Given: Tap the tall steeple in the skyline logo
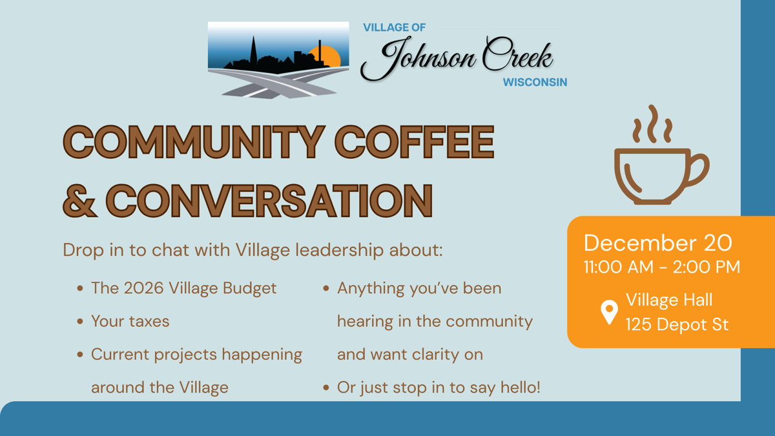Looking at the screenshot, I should (253, 50).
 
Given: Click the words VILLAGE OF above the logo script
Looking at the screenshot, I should (394, 28).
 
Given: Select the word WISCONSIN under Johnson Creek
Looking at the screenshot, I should (535, 83).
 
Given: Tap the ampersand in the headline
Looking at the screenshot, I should (80, 200).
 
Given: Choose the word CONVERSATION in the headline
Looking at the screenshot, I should (269, 200).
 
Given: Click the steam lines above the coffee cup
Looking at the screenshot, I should (652, 124).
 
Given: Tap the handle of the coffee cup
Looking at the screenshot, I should (697, 169).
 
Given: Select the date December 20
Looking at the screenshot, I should (657, 242).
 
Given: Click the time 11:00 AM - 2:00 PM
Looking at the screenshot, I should (661, 267).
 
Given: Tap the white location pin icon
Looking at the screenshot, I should (608, 312).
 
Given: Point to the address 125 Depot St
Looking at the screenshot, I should (676, 324).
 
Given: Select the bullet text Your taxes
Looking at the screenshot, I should (130, 321).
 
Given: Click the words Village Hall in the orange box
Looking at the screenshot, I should (668, 300).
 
